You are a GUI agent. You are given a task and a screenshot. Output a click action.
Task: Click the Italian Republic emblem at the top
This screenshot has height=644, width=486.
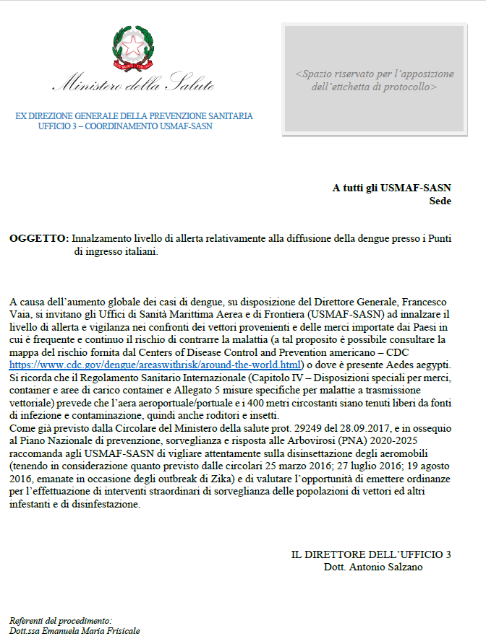(x=133, y=48)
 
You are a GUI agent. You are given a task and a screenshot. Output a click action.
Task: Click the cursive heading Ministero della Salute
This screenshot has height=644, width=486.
(x=133, y=85)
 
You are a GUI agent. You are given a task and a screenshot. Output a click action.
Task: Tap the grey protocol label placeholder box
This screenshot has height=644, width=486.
(x=374, y=80)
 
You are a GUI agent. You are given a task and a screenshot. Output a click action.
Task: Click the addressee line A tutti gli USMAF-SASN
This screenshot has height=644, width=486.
(x=391, y=188)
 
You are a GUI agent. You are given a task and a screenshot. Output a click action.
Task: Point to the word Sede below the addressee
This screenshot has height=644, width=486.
(x=440, y=201)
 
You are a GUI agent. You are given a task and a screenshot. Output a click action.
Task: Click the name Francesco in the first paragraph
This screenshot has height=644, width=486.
(x=420, y=300)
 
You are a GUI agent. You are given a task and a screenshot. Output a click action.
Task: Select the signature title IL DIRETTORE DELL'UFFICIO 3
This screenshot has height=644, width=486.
(x=370, y=554)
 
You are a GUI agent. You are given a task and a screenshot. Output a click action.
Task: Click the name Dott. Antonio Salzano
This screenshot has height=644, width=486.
(x=373, y=567)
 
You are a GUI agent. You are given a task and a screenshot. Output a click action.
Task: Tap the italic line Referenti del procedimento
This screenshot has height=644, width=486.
(x=61, y=620)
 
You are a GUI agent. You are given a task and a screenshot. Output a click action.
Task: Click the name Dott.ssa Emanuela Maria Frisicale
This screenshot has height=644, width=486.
(x=74, y=631)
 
